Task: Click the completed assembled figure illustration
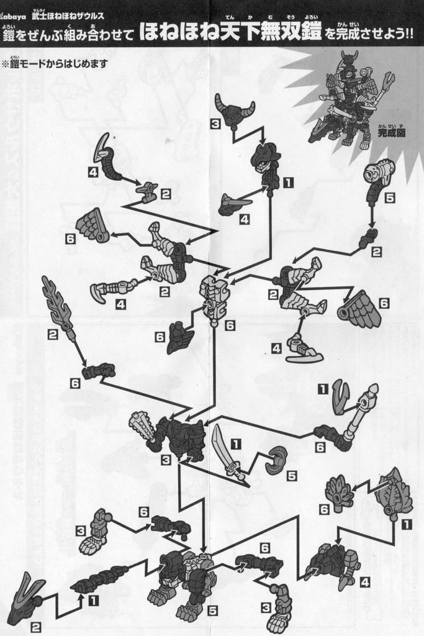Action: [348, 102]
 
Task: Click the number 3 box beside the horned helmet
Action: [215, 124]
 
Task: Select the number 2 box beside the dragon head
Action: [35, 627]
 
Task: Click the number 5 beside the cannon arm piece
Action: [389, 198]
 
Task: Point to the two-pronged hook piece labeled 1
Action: [340, 396]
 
